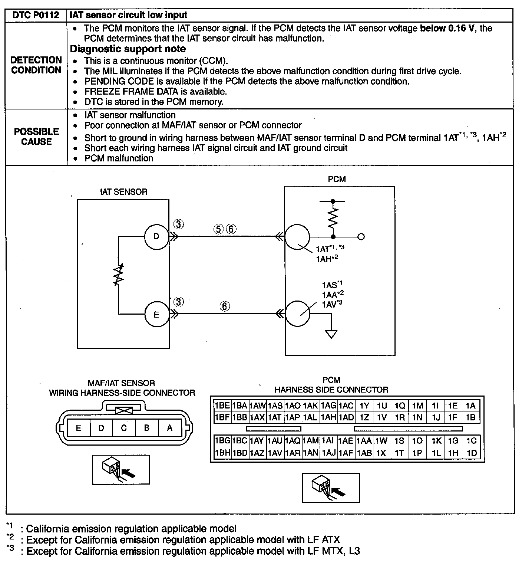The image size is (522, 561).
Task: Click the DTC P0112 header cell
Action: tap(36, 15)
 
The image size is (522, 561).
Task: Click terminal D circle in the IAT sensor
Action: tap(156, 236)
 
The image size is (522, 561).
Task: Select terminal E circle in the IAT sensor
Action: tap(156, 314)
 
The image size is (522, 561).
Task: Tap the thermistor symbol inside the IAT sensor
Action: tap(119, 275)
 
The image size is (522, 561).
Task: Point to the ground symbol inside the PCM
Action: tap(331, 334)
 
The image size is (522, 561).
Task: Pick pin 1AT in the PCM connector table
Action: tap(275, 417)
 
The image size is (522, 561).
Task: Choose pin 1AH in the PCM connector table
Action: tap(328, 417)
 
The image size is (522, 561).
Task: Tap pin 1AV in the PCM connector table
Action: tap(275, 453)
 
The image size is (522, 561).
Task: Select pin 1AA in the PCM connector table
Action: tap(364, 441)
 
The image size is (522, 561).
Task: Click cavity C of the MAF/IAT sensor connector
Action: tap(124, 428)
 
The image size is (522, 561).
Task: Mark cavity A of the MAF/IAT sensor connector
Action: tap(169, 428)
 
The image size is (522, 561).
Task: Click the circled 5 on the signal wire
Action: tap(219, 229)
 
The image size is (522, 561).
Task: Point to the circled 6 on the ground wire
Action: tap(225, 306)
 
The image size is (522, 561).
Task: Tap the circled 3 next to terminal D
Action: tap(179, 224)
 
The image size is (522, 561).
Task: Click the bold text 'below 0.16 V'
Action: tap(447, 28)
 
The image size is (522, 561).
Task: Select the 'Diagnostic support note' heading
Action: tap(128, 49)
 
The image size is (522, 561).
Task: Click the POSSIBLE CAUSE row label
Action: tap(36, 137)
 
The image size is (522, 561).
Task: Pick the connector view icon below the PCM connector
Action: tap(331, 488)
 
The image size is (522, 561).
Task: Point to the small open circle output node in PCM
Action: tap(361, 237)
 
